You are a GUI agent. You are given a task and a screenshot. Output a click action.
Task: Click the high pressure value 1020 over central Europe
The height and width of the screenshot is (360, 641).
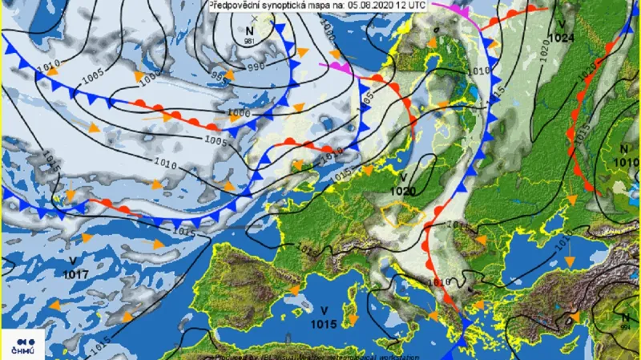[x=404, y=191]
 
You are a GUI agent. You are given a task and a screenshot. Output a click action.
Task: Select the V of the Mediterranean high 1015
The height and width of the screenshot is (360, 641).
[x=325, y=311]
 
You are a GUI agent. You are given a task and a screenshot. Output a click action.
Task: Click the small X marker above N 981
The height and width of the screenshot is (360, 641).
[x=255, y=18]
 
